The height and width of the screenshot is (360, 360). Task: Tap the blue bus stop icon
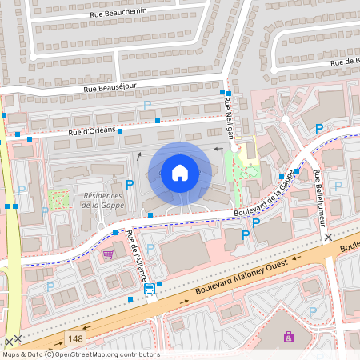pos(150,290)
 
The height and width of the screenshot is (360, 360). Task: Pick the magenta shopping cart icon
pos(107,254)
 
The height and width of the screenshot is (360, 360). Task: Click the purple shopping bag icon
pos(288,337)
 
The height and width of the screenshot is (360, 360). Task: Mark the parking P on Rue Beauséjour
pos(146,105)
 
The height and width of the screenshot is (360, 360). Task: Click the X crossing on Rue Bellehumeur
pos(328,238)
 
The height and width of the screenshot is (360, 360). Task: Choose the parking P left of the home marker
pos(129,185)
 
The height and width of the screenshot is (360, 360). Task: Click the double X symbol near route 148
pos(13,341)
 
